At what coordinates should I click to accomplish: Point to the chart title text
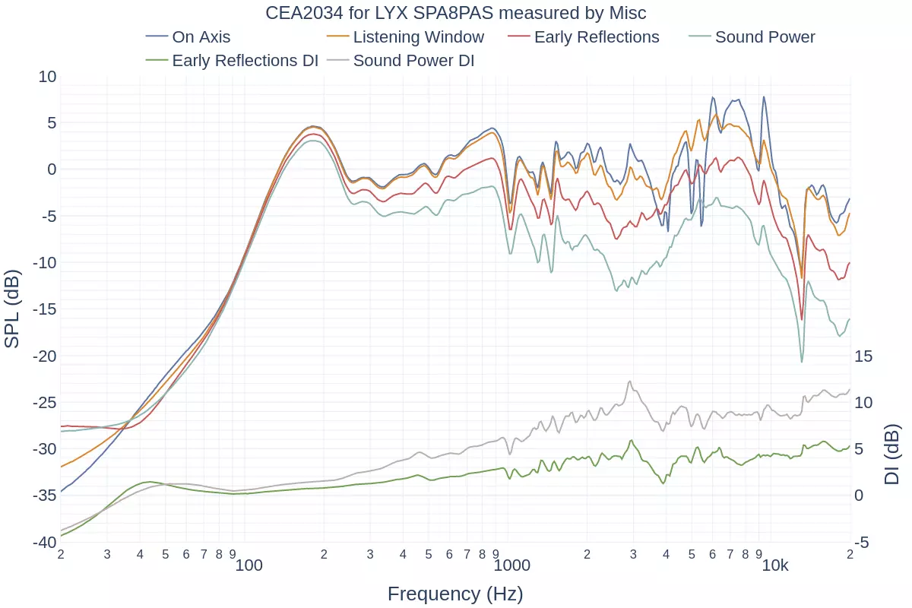(x=456, y=13)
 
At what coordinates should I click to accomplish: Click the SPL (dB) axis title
(x=12, y=309)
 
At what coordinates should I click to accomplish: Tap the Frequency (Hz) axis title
(x=455, y=594)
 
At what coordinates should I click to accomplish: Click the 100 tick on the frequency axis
(x=249, y=565)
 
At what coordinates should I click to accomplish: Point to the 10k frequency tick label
(x=775, y=565)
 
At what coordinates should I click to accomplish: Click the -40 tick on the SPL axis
(x=45, y=542)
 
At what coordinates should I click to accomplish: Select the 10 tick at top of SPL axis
(x=47, y=76)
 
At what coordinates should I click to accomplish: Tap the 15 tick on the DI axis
(x=864, y=356)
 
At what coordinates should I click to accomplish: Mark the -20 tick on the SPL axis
(x=45, y=356)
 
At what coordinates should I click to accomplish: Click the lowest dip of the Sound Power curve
(x=801, y=362)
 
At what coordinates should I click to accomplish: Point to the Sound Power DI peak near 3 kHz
(x=630, y=382)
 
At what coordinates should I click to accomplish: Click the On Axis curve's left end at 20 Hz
(x=61, y=491)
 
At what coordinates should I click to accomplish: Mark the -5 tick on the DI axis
(x=862, y=542)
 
